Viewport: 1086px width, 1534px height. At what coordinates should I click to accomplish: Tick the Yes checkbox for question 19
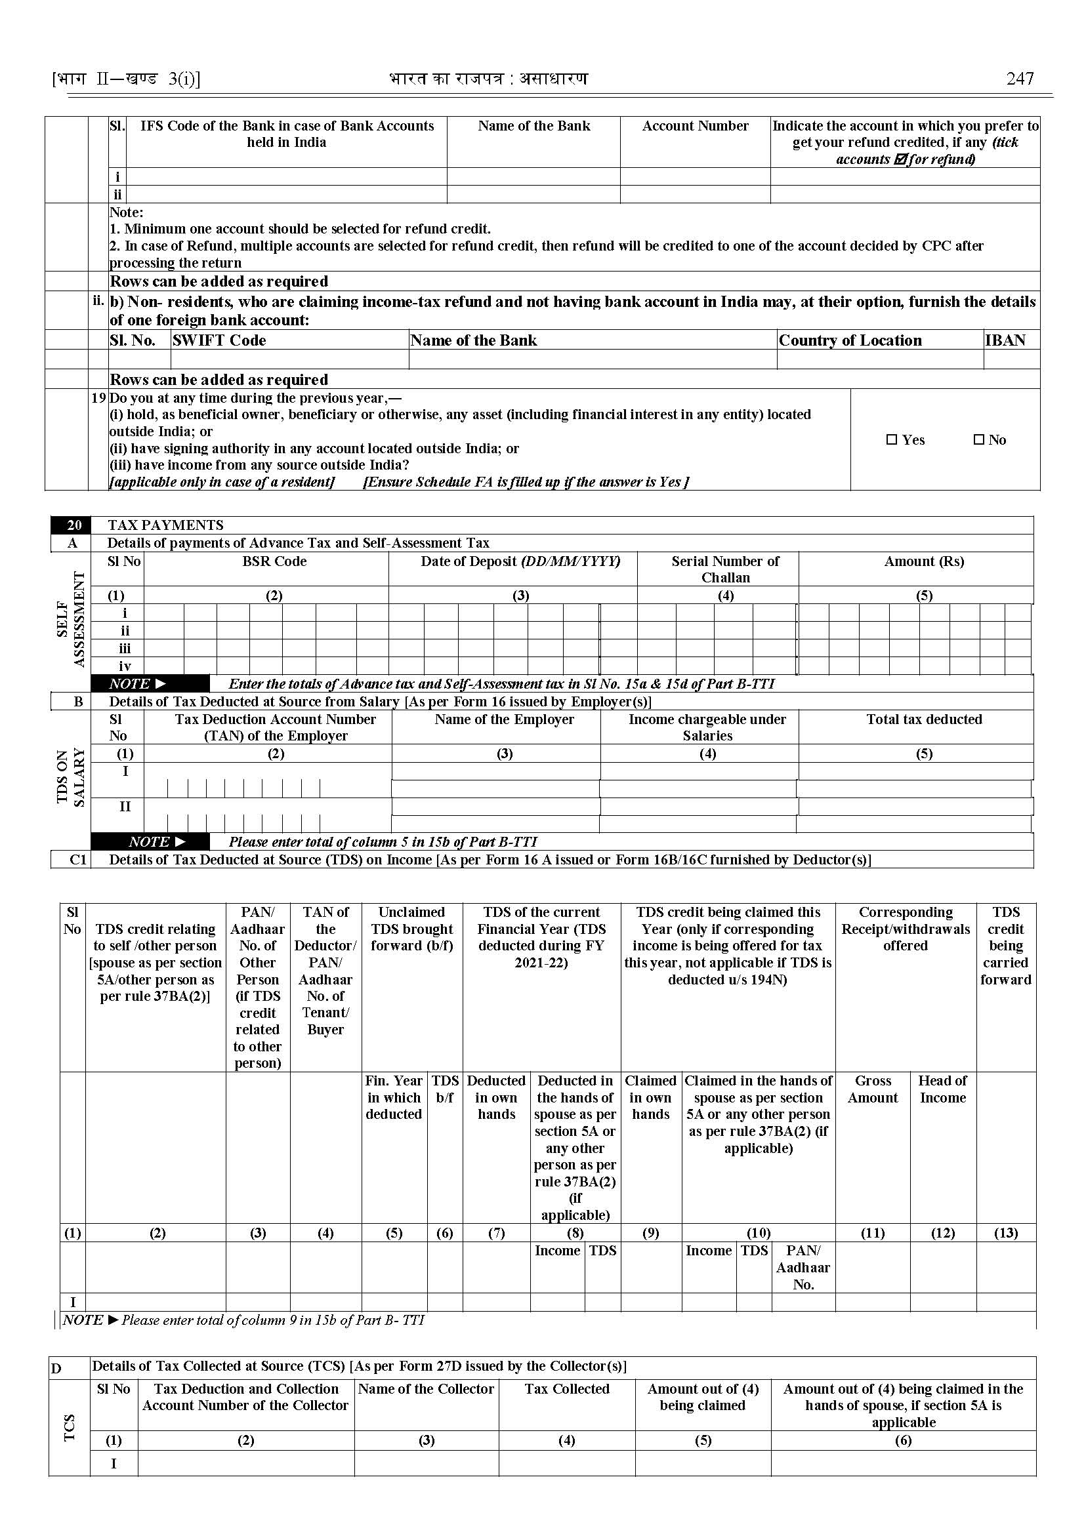pyautogui.click(x=891, y=440)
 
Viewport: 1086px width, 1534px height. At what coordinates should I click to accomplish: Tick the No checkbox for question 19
pyautogui.click(x=979, y=440)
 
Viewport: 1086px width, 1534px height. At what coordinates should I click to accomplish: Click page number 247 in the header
pyautogui.click(x=1020, y=79)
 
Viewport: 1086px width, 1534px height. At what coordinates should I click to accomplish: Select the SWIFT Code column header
pyautogui.click(x=219, y=340)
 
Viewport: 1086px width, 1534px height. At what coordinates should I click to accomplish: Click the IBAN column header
pyautogui.click(x=1005, y=340)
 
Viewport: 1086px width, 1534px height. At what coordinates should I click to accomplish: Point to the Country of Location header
pyautogui.click(x=850, y=340)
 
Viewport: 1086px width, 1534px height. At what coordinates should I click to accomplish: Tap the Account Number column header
pyautogui.click(x=695, y=126)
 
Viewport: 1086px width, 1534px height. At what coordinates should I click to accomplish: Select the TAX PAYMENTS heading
pyautogui.click(x=166, y=525)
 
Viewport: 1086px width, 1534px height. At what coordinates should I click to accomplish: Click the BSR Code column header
pyautogui.click(x=274, y=561)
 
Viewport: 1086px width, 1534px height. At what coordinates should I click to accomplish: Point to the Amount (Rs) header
pyautogui.click(x=924, y=561)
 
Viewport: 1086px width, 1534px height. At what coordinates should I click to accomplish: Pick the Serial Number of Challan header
pyautogui.click(x=726, y=569)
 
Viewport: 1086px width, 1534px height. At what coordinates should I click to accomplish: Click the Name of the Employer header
pyautogui.click(x=504, y=719)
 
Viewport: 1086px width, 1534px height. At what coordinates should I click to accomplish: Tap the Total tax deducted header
pyautogui.click(x=924, y=719)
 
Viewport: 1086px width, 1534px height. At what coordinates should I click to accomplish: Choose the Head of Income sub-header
pyautogui.click(x=942, y=1089)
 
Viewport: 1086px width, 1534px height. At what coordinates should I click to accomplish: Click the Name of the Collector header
pyautogui.click(x=426, y=1389)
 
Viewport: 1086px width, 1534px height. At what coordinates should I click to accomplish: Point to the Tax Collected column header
pyautogui.click(x=567, y=1389)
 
